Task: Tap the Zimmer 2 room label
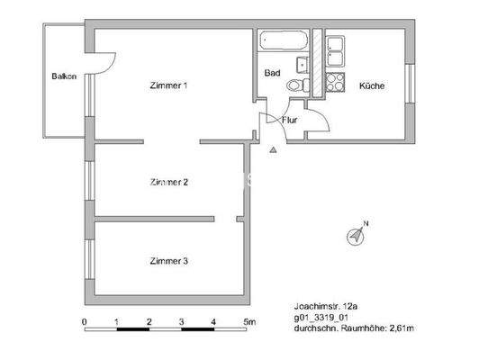(168, 183)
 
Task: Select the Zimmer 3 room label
(168, 262)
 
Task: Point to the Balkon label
(64, 77)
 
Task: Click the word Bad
(271, 73)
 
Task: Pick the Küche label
(372, 86)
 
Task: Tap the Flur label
(290, 120)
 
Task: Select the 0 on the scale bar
(84, 321)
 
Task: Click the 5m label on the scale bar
(248, 321)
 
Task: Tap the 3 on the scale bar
(181, 321)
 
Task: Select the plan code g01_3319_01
(326, 317)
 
